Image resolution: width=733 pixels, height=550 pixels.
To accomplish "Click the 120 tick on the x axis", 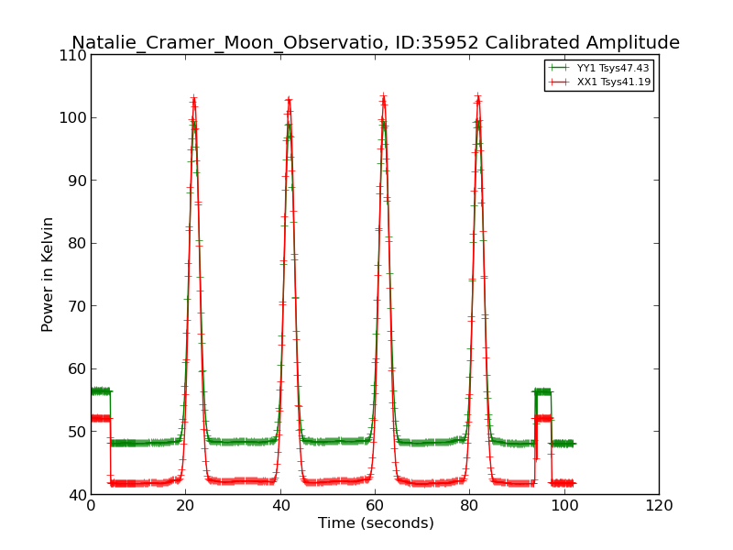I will point(659,504).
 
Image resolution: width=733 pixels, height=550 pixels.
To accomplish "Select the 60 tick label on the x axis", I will point(375,504).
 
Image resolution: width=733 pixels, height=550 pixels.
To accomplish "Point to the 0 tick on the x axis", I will point(91,504).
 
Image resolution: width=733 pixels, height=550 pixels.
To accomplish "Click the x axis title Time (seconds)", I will point(376,523).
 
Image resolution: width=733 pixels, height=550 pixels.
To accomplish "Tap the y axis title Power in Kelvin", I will point(49,274).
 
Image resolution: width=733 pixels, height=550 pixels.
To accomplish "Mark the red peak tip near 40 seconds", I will point(289,99).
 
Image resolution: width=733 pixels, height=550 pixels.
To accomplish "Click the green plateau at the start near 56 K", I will point(100,391).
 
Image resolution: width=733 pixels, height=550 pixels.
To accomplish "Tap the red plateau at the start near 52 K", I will point(100,418).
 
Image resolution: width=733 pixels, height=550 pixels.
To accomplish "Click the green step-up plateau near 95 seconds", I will point(542,391).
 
